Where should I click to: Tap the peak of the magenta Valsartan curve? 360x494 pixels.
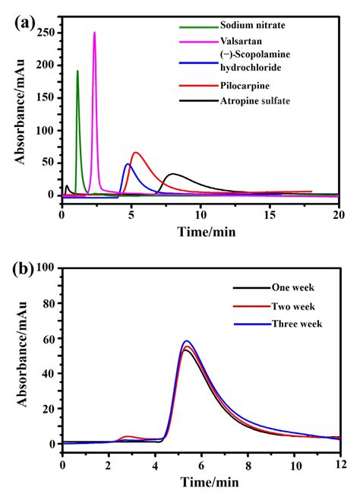(x=94, y=33)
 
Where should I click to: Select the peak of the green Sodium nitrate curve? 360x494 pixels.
(x=77, y=71)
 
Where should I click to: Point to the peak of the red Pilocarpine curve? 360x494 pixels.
(x=135, y=153)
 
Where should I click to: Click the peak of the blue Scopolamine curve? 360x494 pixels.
(x=128, y=164)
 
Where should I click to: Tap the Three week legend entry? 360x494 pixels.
(x=297, y=324)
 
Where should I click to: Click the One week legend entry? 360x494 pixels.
(x=293, y=288)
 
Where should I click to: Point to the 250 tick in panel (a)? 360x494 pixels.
(x=47, y=33)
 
